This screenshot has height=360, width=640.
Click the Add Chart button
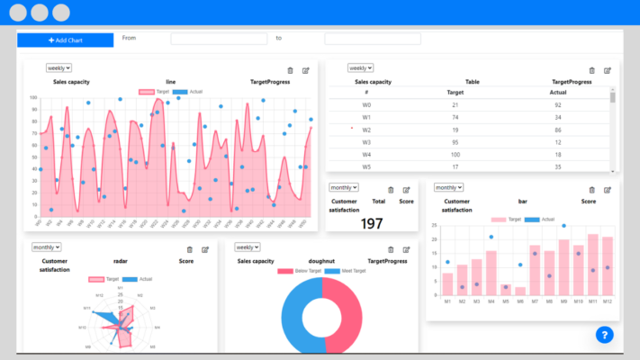click(x=65, y=40)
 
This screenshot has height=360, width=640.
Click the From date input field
click(x=219, y=39)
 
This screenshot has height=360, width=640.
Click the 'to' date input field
click(x=372, y=39)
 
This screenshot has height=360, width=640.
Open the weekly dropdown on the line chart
click(x=59, y=67)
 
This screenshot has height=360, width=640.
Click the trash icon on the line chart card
click(x=289, y=70)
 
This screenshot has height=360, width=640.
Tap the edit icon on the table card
click(x=608, y=70)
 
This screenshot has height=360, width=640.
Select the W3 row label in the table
click(x=366, y=142)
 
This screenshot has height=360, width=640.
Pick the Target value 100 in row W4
click(x=455, y=155)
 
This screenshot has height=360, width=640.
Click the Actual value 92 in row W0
click(x=557, y=105)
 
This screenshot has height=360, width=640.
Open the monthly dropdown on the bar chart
click(x=448, y=187)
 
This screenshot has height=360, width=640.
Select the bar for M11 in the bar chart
click(x=593, y=265)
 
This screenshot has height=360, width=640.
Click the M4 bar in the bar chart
click(x=491, y=273)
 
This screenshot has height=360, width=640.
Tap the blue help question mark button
click(x=604, y=334)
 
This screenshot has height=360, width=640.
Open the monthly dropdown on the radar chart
click(x=46, y=247)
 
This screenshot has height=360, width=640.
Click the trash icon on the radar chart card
click(x=189, y=249)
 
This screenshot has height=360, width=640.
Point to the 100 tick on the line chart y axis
click(x=32, y=98)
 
